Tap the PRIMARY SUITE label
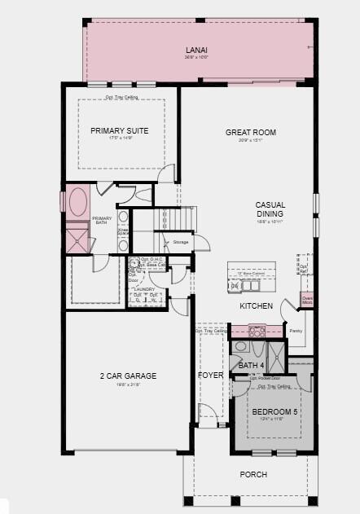pos(119,130)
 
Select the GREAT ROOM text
pos(251,132)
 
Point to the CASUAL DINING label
pos(270,209)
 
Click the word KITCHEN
pos(256,306)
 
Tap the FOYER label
pos(210,376)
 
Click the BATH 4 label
pos(252,366)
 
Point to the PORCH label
pos(252,474)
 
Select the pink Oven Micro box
pos(307,300)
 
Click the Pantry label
pos(296,331)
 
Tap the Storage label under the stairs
pos(181,242)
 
